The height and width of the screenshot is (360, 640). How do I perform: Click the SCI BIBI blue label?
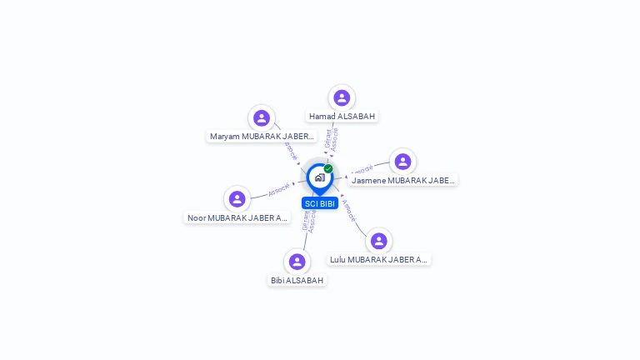320,203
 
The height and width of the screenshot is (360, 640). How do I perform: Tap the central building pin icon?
319,177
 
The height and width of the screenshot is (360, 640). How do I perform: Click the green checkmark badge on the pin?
328,168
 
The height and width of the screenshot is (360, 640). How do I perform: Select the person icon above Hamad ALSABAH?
342,97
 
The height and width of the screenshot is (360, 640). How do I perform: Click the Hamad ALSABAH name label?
342,117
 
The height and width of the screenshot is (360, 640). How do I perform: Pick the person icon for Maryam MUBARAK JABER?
262,117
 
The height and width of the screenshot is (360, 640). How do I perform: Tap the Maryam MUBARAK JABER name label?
262,136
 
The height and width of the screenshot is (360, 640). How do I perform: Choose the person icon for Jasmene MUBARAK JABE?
402,162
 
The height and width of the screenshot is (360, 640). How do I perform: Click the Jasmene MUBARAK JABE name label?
402,180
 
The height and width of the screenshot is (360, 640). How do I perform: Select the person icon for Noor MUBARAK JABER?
237,199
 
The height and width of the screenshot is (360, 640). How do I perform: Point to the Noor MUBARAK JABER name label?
237,218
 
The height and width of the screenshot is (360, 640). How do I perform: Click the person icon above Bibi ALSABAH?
297,262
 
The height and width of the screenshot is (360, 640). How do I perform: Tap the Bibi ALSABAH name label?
297,281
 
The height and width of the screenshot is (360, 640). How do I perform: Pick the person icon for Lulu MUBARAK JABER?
379,241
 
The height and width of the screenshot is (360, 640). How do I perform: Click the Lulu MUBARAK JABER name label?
379,259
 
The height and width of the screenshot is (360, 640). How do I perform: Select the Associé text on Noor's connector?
279,189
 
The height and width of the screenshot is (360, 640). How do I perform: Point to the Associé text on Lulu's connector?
348,209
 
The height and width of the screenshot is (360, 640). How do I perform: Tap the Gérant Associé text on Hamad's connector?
331,138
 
